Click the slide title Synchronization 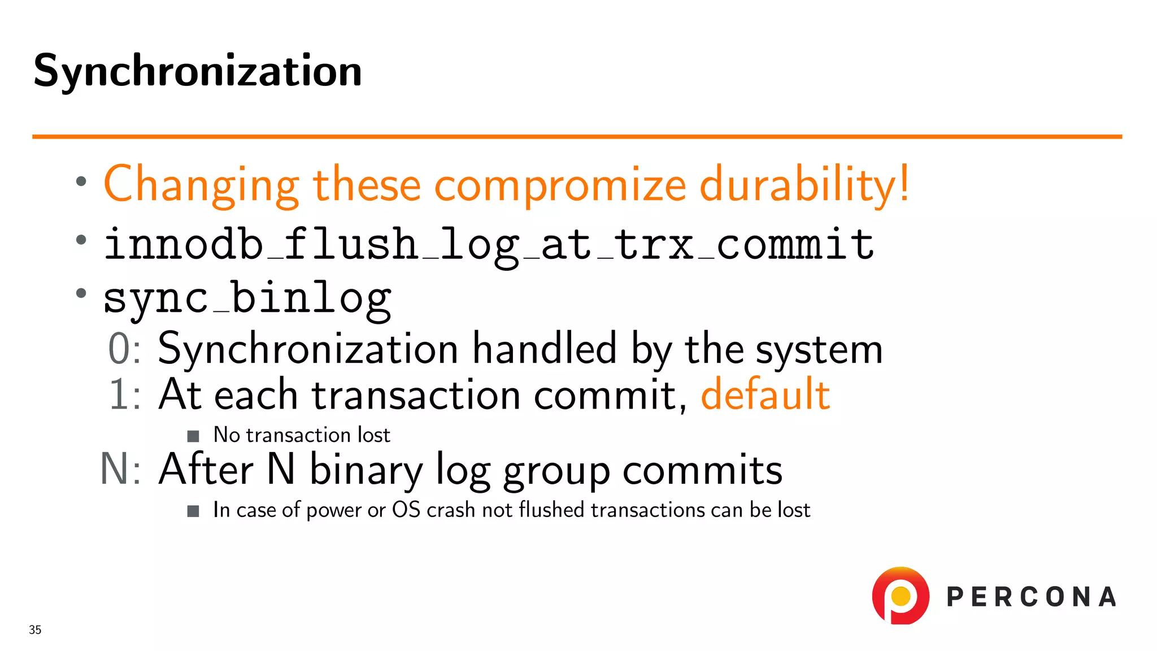pos(198,71)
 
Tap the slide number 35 pos(35,630)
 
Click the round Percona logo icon pos(901,596)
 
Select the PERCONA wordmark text pos(1031,597)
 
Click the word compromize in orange pos(560,185)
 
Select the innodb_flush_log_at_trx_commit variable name pos(489,245)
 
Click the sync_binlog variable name pos(247,298)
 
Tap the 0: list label pos(124,349)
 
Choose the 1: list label pos(124,394)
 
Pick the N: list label pos(120,469)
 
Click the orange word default pos(765,394)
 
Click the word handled pos(544,349)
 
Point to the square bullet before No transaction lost pos(193,436)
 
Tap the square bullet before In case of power pos(193,511)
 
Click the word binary pos(366,470)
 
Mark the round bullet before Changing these pos(81,181)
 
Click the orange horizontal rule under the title pos(576,136)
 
